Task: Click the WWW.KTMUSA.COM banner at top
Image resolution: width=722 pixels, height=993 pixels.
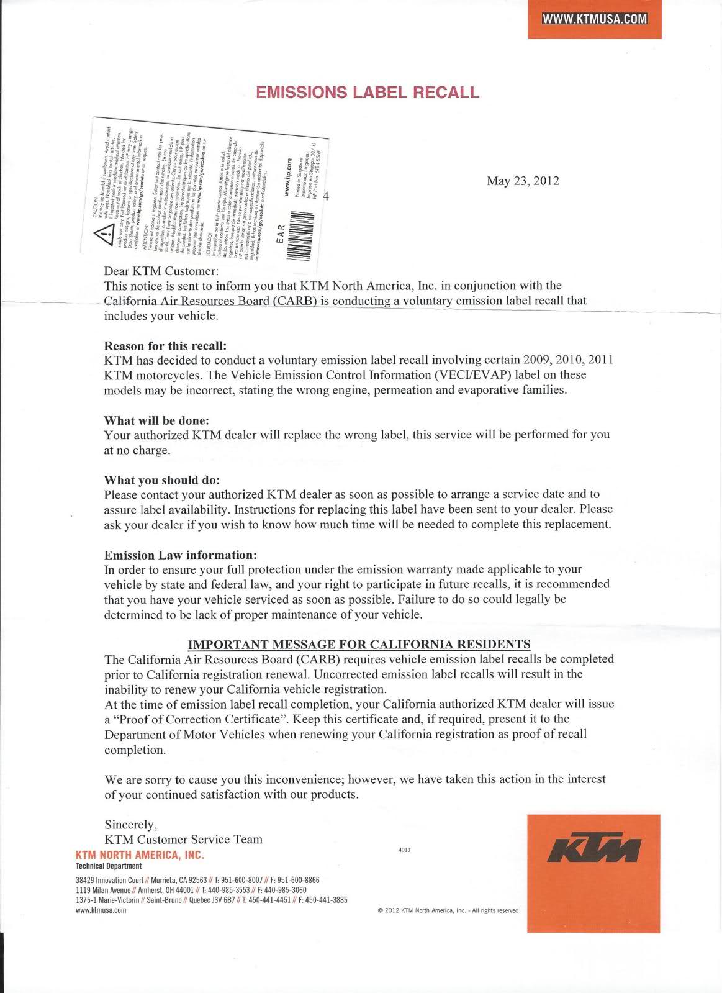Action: [x=595, y=18]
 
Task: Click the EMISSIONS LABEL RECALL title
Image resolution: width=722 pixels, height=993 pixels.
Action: [x=368, y=93]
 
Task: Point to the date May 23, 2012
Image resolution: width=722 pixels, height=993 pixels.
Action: [x=523, y=181]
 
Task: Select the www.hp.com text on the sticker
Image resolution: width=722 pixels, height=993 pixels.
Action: [x=287, y=178]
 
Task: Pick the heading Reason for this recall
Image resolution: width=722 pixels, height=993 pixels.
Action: [x=165, y=345]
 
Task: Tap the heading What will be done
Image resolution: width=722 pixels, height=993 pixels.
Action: [x=156, y=420]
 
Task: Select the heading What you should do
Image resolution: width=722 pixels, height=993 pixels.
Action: [x=162, y=480]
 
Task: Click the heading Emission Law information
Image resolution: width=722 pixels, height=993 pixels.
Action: [x=180, y=555]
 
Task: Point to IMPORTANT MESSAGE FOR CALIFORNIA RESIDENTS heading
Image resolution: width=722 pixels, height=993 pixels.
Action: [x=359, y=644]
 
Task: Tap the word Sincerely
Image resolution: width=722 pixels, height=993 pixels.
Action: [x=130, y=824]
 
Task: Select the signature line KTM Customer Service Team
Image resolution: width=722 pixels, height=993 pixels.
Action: [x=183, y=839]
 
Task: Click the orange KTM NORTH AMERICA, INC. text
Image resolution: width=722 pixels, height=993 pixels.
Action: [x=140, y=855]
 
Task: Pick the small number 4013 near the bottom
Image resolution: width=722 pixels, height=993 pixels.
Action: [x=404, y=850]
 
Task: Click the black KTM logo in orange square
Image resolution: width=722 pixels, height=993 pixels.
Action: [x=593, y=846]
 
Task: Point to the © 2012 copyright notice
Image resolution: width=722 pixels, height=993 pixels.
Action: [x=448, y=910]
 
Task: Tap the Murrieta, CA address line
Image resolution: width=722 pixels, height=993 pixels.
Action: [x=197, y=880]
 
